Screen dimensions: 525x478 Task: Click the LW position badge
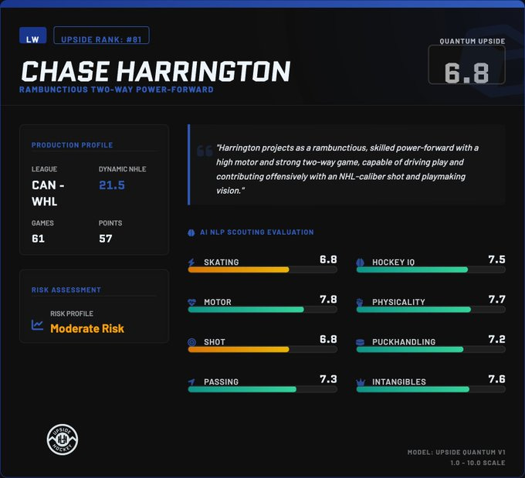pyautogui.click(x=32, y=36)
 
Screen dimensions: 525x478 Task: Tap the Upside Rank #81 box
pyautogui.click(x=101, y=36)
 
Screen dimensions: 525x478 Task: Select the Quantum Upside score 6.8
pyautogui.click(x=466, y=73)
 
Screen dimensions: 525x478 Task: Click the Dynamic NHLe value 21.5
pyautogui.click(x=112, y=185)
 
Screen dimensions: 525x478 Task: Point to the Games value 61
pyautogui.click(x=38, y=239)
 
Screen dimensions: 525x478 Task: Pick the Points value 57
pyautogui.click(x=106, y=239)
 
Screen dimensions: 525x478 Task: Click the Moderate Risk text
pyautogui.click(x=87, y=328)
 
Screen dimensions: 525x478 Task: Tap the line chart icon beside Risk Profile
pyautogui.click(x=37, y=325)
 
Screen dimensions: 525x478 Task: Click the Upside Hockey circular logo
pyautogui.click(x=63, y=439)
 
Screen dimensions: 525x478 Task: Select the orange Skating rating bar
pyautogui.click(x=239, y=270)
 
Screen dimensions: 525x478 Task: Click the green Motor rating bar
pyautogui.click(x=246, y=310)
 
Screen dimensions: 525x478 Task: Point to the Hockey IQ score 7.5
pyautogui.click(x=496, y=259)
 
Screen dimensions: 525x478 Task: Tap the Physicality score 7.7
pyautogui.click(x=496, y=299)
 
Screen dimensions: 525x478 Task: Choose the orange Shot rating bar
pyautogui.click(x=239, y=349)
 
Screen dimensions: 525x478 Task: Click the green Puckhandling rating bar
pyautogui.click(x=410, y=349)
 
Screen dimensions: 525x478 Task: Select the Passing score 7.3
pyautogui.click(x=328, y=379)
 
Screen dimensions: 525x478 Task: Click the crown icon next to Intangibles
pyautogui.click(x=361, y=382)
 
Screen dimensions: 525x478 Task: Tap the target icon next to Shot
pyautogui.click(x=191, y=342)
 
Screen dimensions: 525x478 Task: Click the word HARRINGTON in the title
pyautogui.click(x=204, y=71)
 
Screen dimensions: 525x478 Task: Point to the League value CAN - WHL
pyautogui.click(x=48, y=193)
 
